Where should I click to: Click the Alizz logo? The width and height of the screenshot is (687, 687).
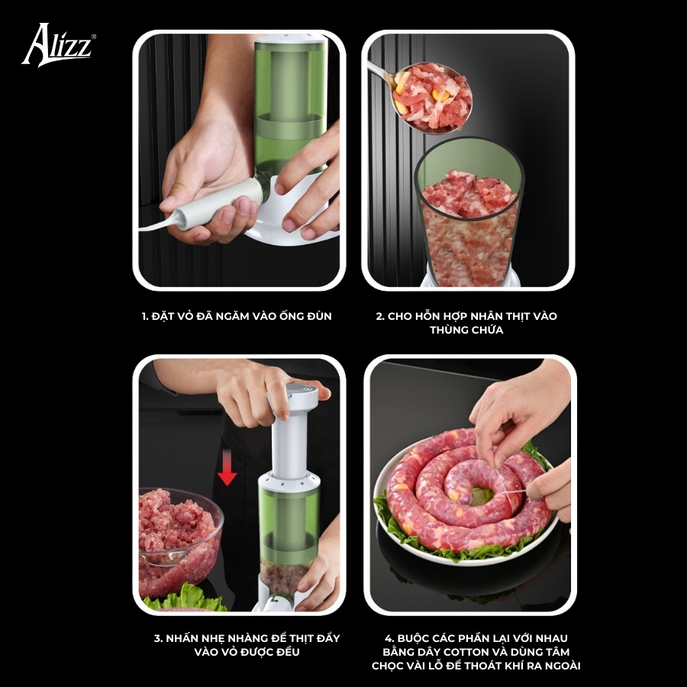click(59, 45)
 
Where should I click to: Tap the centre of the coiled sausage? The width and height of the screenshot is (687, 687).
click(481, 496)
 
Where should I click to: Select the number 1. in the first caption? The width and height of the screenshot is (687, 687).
click(146, 316)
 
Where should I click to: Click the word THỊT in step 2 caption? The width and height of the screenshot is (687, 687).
click(520, 316)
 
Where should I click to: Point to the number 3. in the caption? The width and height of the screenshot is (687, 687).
click(159, 638)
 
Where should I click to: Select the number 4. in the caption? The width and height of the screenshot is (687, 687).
click(390, 638)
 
